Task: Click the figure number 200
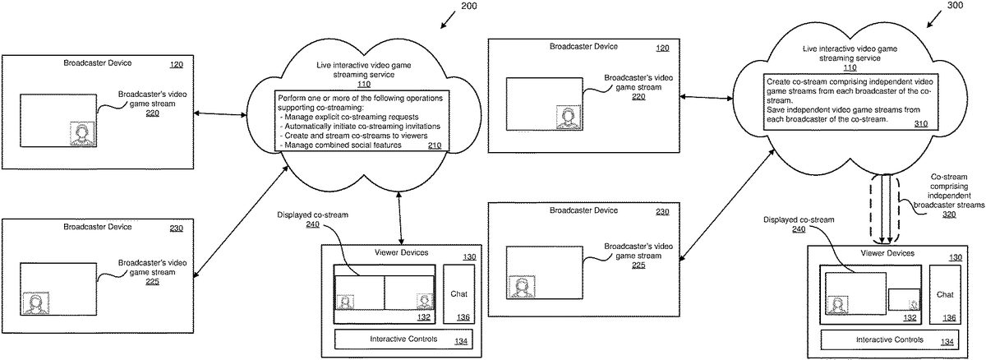click(468, 7)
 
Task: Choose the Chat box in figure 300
click(946, 293)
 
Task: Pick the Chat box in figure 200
click(458, 293)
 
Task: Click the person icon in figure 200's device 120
click(82, 133)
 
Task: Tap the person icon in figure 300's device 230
click(521, 288)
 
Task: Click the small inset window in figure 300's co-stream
click(903, 300)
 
